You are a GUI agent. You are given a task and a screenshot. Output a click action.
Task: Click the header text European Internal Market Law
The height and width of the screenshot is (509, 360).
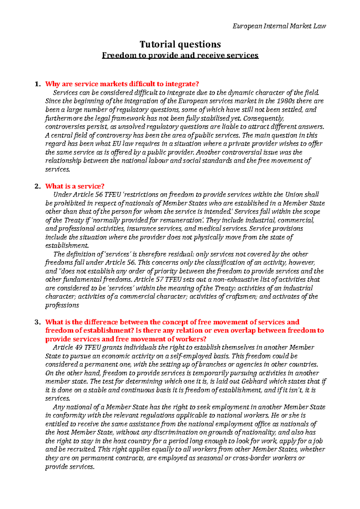click(x=279, y=26)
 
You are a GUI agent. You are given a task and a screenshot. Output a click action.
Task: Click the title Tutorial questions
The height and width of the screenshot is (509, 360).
click(x=180, y=44)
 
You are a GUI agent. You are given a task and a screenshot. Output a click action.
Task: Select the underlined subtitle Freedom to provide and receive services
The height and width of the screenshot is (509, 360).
click(x=180, y=55)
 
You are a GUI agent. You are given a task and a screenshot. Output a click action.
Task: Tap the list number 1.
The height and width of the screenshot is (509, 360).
click(x=37, y=84)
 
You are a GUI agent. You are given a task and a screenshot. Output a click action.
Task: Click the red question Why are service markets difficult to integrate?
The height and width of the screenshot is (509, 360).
click(x=122, y=84)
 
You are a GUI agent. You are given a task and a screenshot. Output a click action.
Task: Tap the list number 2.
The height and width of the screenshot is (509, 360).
click(x=37, y=186)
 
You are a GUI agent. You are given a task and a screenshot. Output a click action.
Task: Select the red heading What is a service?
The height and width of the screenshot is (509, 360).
click(x=75, y=186)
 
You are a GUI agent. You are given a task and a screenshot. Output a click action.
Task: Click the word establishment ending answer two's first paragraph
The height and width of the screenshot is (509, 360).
click(x=67, y=246)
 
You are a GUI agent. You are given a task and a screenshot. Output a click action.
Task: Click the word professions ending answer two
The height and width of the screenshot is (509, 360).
click(x=62, y=305)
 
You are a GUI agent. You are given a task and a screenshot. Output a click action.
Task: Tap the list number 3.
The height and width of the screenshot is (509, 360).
click(x=37, y=322)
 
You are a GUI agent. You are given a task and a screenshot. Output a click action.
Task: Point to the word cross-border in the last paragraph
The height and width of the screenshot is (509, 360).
click(x=250, y=458)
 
